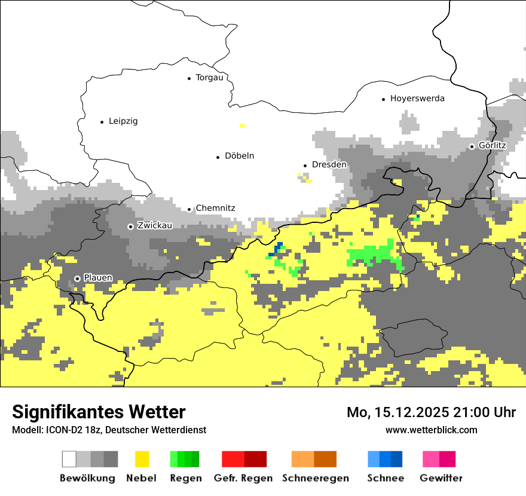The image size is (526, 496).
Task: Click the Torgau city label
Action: (x=209, y=78)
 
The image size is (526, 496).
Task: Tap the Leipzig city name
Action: (x=123, y=121)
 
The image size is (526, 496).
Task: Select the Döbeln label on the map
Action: (x=239, y=156)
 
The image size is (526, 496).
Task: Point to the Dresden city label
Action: (x=329, y=164)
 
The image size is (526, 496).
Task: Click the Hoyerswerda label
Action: (x=417, y=99)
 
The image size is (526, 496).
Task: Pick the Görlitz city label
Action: (x=492, y=146)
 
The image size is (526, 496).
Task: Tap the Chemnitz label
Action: (x=215, y=208)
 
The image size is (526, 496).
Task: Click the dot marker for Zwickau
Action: (x=130, y=226)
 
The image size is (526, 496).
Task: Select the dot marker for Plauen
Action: (x=77, y=278)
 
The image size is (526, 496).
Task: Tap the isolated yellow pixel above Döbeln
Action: (x=242, y=125)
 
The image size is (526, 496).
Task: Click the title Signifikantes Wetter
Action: (x=99, y=412)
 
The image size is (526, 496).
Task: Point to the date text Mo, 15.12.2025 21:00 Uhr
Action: (x=431, y=412)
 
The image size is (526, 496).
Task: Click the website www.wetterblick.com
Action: (x=431, y=430)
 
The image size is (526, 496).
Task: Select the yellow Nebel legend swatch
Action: (x=142, y=459)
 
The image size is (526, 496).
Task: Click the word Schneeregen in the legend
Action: (x=315, y=478)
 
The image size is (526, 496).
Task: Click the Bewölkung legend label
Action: (x=87, y=478)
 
